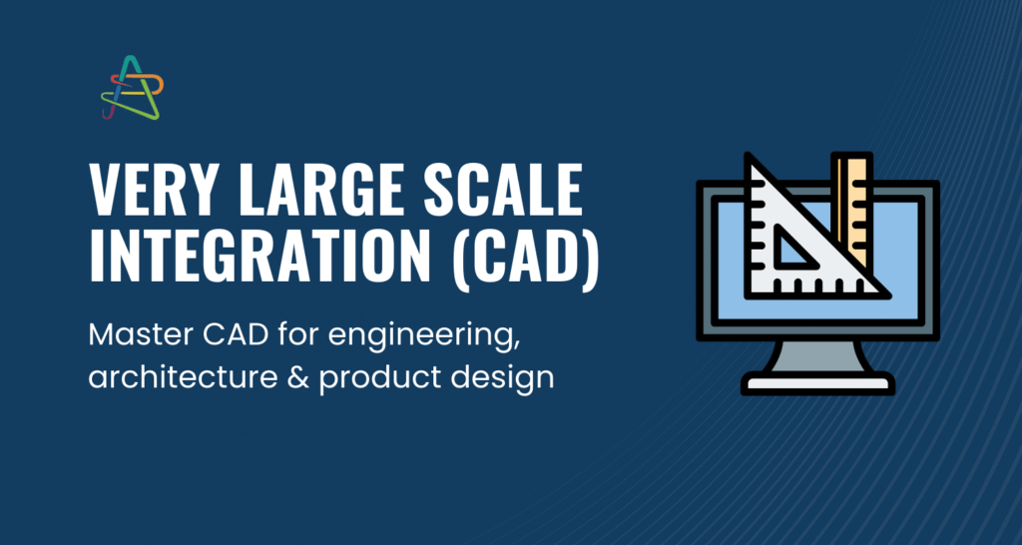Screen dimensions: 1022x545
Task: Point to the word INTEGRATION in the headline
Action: pos(259,257)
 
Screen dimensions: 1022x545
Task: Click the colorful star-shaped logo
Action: pos(132,88)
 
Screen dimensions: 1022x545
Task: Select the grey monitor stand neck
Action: pos(818,356)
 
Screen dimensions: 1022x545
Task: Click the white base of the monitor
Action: pos(818,383)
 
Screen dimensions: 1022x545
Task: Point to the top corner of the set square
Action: pos(749,155)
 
